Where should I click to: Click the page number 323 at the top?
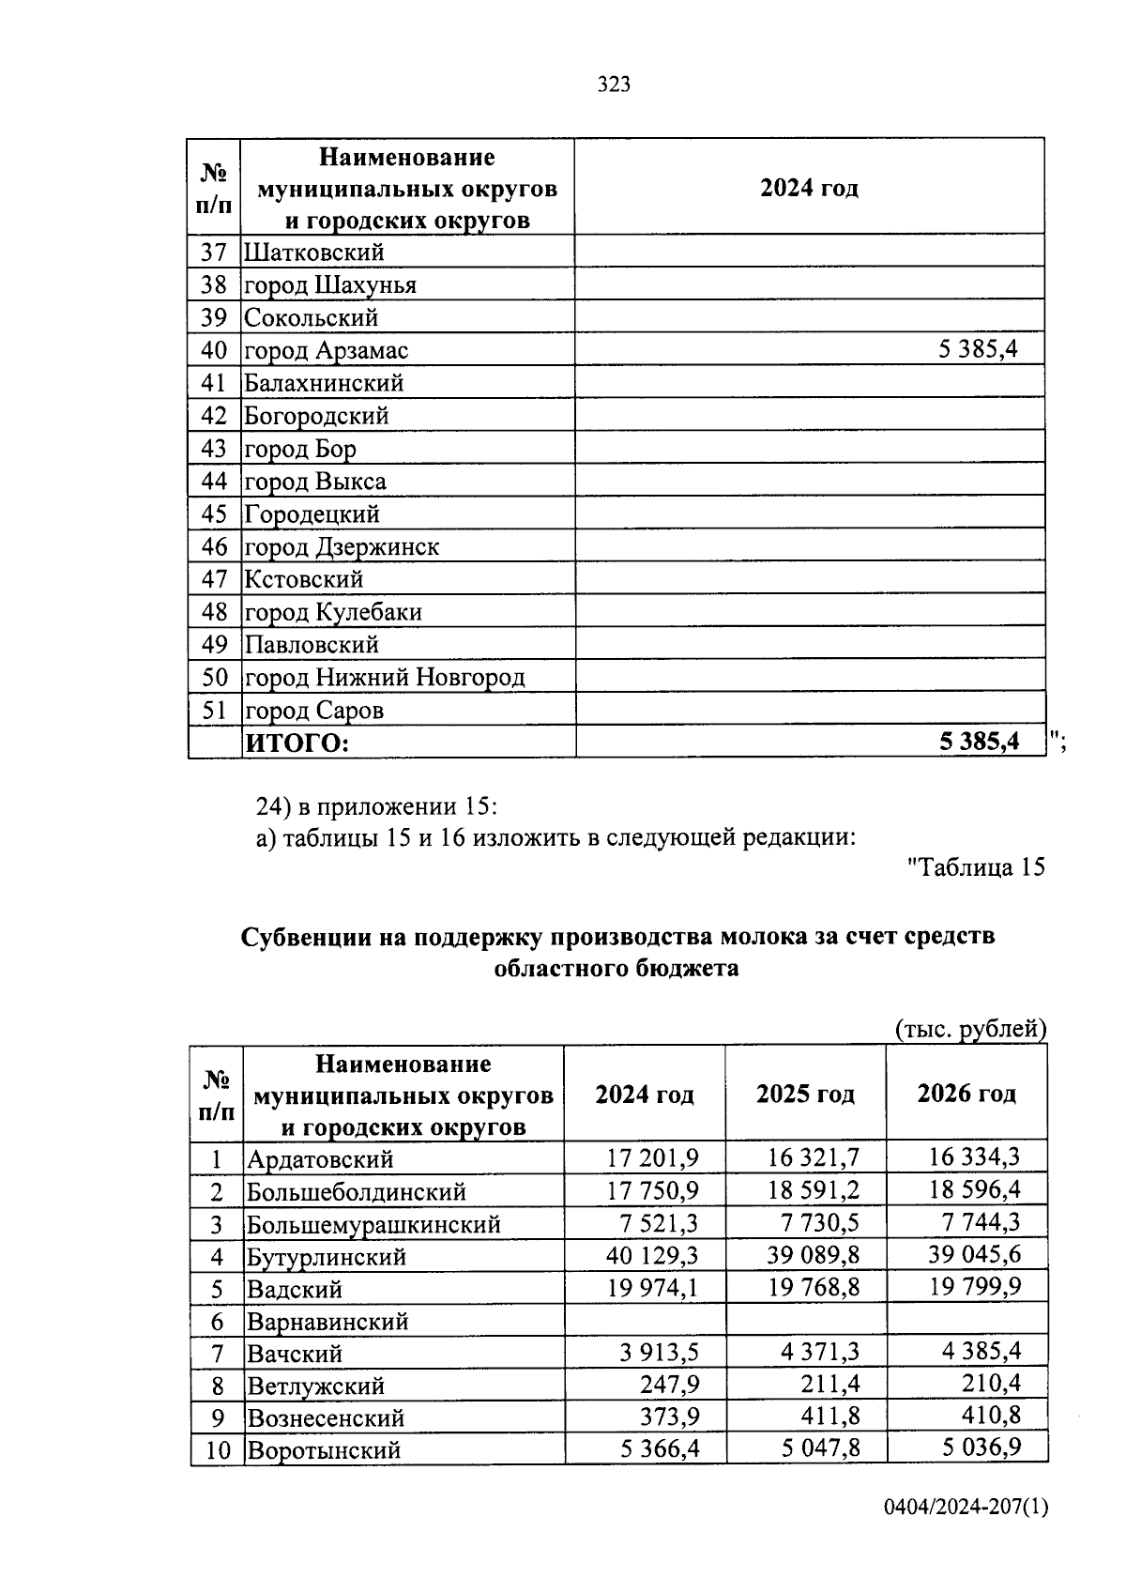click(614, 84)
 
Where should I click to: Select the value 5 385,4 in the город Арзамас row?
click(978, 350)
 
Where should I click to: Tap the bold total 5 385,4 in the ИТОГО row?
click(979, 743)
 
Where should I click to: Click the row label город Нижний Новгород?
click(385, 677)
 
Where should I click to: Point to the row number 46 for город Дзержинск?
click(215, 546)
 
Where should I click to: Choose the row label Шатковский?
click(314, 252)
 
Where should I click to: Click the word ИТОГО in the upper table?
click(297, 743)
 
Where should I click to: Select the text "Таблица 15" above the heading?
click(976, 866)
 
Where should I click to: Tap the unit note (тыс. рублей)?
click(970, 1029)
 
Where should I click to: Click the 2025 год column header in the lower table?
click(805, 1095)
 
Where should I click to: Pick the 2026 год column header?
click(966, 1094)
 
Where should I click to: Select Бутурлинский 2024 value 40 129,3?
click(652, 1255)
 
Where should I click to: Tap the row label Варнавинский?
click(327, 1322)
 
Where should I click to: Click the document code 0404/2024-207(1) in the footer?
click(965, 1534)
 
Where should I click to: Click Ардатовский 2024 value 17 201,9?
click(652, 1157)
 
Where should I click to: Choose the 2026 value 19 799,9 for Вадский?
click(975, 1286)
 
